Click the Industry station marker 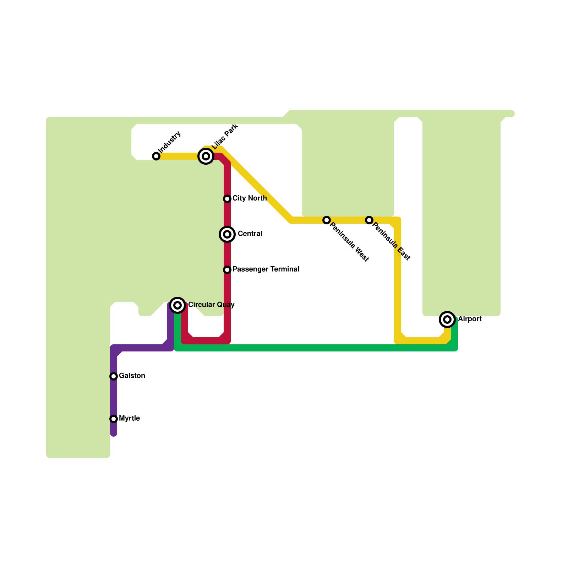(x=156, y=156)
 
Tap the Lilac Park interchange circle (x=206, y=156)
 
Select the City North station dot (x=227, y=199)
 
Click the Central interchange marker (x=227, y=234)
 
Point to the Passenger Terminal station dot (x=227, y=270)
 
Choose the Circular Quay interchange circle (x=177, y=305)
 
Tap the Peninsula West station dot (x=327, y=220)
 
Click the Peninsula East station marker (x=369, y=220)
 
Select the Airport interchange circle (x=447, y=319)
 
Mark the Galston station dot (x=114, y=376)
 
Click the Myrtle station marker (x=114, y=419)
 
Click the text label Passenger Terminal (x=266, y=269)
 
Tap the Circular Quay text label (x=211, y=305)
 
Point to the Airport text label (x=470, y=319)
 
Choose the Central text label (x=250, y=234)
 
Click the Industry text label (x=170, y=142)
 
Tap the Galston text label (x=132, y=376)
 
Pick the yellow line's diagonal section (x=256, y=185)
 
